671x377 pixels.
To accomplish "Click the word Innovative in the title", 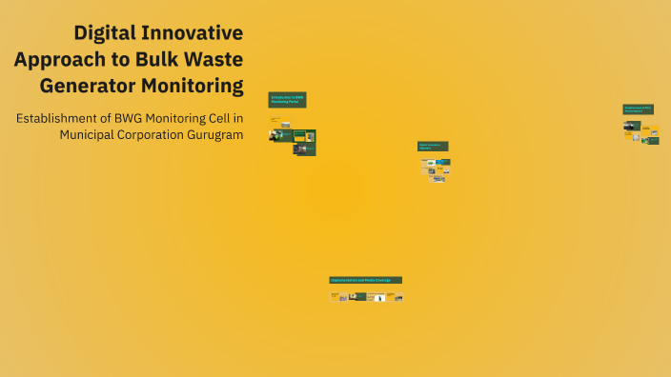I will (x=199, y=32).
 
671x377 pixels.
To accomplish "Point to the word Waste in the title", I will (x=215, y=59).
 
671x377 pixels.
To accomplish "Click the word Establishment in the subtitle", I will (x=60, y=118).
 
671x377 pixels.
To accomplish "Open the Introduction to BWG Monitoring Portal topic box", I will (x=287, y=99).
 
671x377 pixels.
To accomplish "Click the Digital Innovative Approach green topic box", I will (x=433, y=147).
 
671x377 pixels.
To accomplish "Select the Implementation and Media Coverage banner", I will (x=366, y=280).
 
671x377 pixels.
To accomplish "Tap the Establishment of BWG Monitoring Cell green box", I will (x=638, y=109).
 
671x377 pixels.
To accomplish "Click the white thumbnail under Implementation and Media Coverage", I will (x=379, y=297).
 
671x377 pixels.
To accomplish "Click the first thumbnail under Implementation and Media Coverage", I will (x=335, y=296).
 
